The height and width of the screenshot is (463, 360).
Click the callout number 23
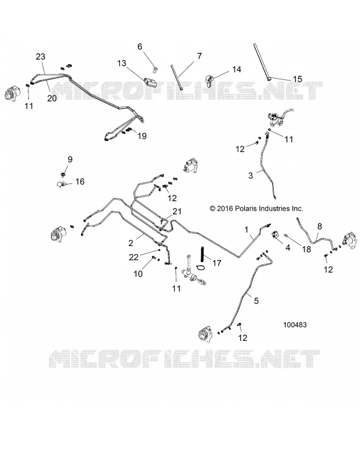tap(41, 56)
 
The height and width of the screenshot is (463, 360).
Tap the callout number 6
tap(139, 46)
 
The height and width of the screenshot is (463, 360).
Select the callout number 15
tap(297, 79)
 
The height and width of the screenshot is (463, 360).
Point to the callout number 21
tap(177, 211)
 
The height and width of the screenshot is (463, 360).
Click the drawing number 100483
tap(295, 325)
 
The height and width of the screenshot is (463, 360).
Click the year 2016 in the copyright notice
tap(225, 208)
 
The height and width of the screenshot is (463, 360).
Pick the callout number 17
tap(217, 263)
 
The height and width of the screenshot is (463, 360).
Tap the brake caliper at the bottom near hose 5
tap(205, 334)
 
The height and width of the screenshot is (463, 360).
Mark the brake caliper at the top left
tap(13, 93)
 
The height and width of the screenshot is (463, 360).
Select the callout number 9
tap(70, 160)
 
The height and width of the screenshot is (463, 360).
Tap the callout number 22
tap(134, 257)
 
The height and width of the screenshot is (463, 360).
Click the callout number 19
tap(142, 136)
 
